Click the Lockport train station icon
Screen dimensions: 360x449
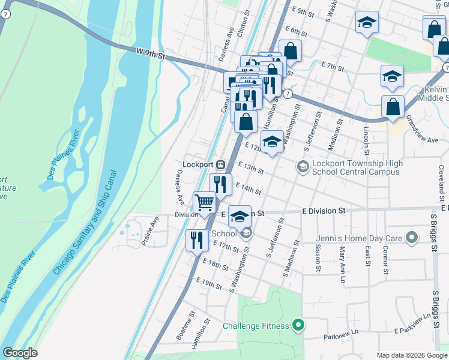point(221,164)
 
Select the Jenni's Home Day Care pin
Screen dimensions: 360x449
point(411,238)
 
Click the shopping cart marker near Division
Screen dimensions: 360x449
point(204,202)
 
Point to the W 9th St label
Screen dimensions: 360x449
point(151,54)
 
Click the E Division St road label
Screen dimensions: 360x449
point(324,211)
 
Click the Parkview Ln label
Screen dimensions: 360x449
point(340,337)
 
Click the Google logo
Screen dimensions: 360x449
point(20,353)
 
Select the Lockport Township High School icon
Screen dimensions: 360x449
point(303,166)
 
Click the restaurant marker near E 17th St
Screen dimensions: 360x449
point(197,241)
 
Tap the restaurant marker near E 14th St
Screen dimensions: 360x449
point(220,184)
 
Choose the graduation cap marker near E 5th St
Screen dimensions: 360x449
point(367,22)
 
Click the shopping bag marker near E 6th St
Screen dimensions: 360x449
point(290,51)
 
